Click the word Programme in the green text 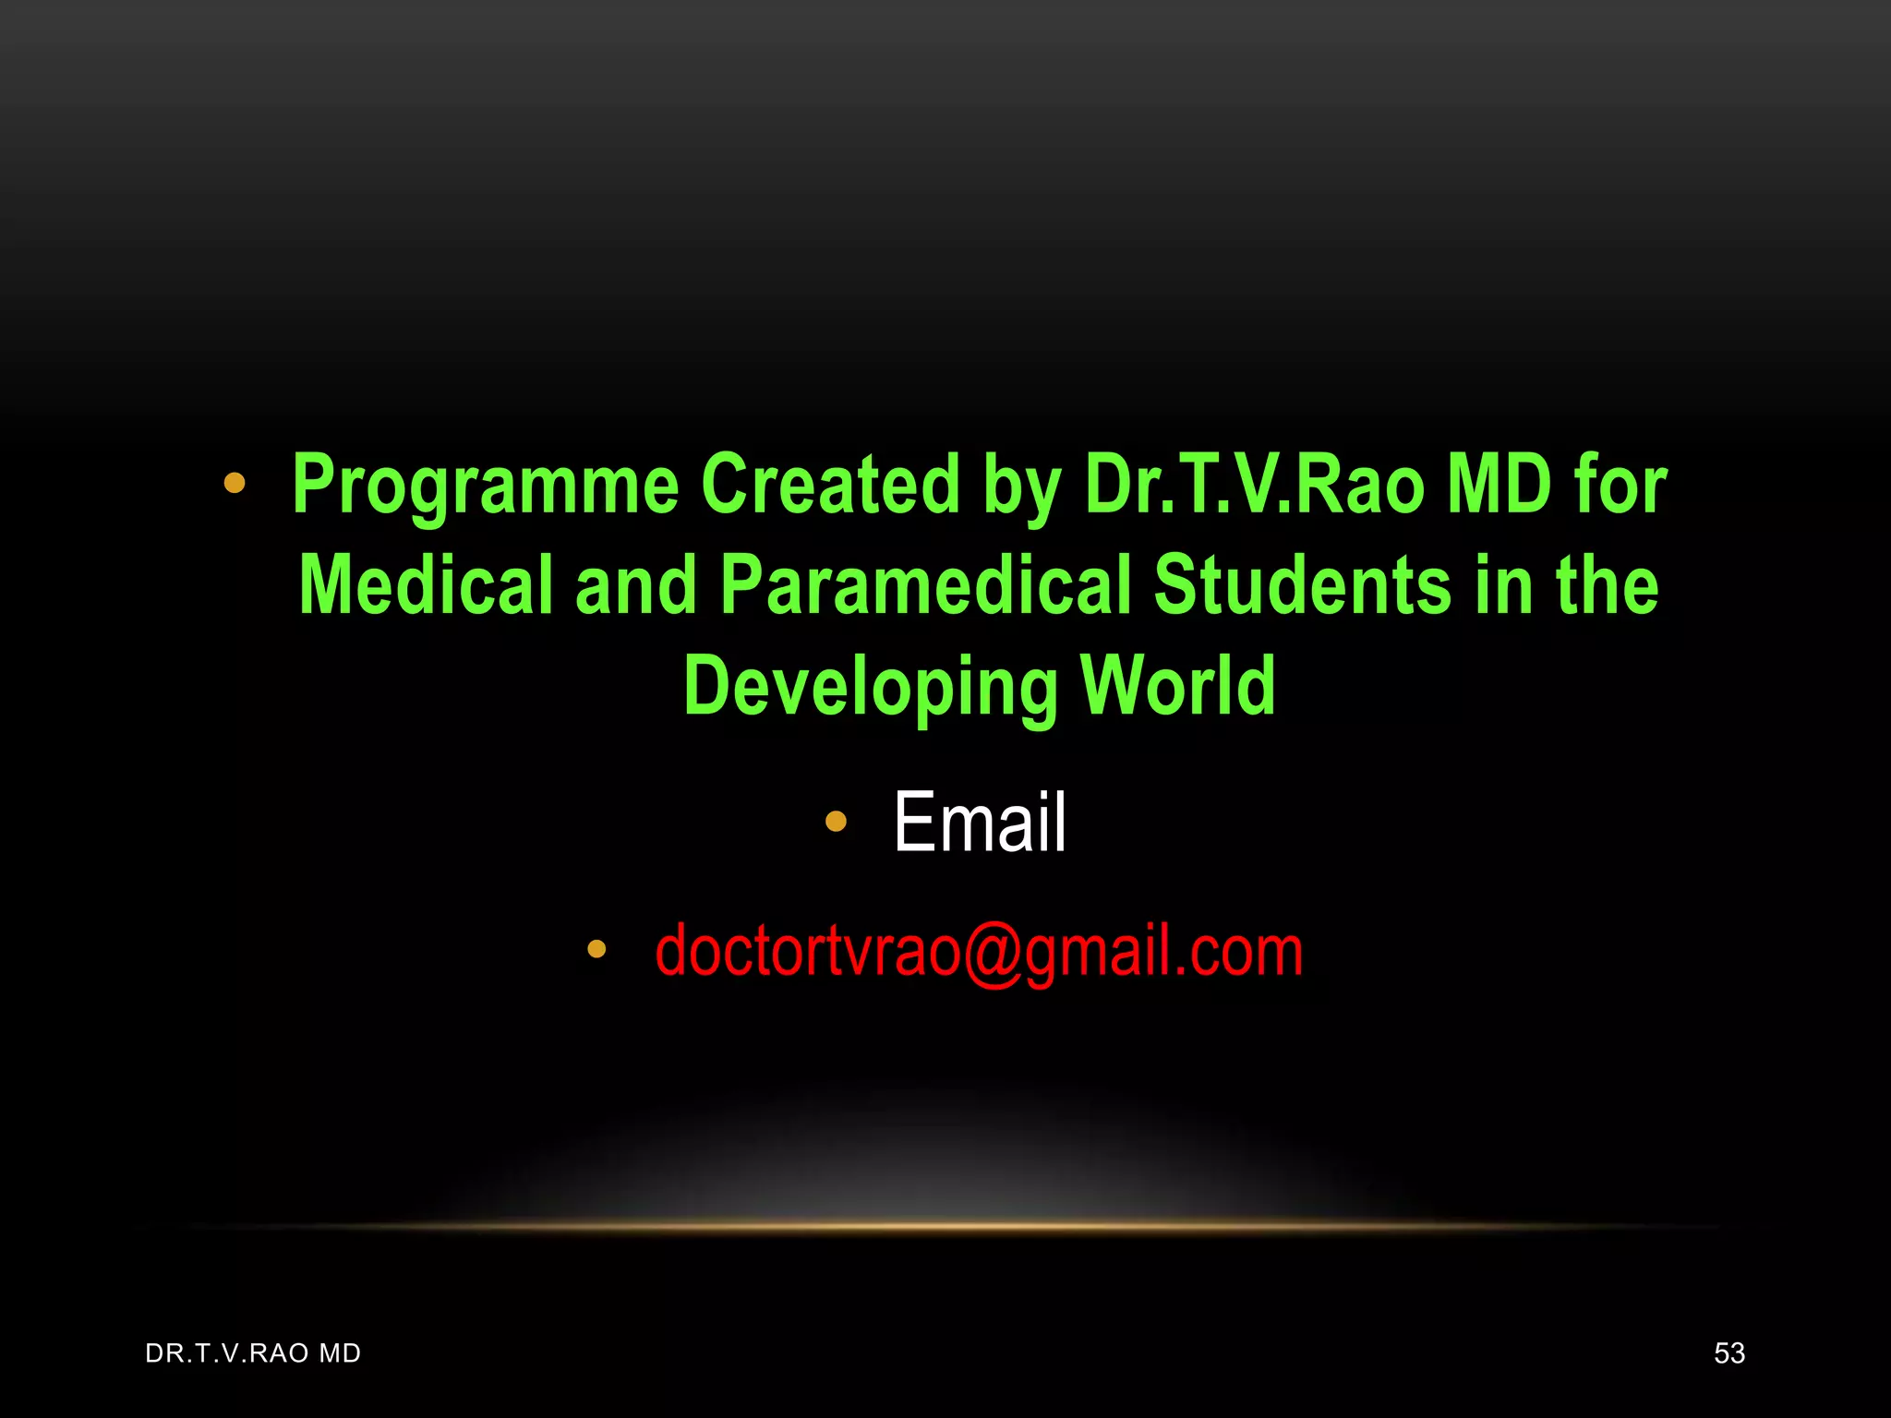[486, 486]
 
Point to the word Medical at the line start [426, 585]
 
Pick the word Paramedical [925, 585]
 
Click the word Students [1302, 585]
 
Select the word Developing [870, 687]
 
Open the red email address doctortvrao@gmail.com [979, 951]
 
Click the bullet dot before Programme [235, 483]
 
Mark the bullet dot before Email [836, 821]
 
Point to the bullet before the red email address [596, 948]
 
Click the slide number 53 [1729, 1353]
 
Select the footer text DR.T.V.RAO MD [253, 1353]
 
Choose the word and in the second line [636, 585]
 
